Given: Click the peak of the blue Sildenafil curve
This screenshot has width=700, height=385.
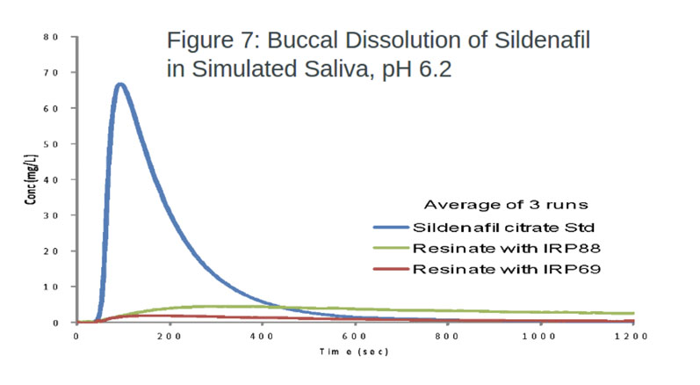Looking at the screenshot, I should (120, 85).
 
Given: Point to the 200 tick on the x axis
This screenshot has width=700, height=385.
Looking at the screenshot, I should (170, 337).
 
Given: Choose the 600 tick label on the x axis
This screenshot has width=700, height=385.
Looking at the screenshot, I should (355, 337).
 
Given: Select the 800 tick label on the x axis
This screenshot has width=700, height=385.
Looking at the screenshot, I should (448, 337).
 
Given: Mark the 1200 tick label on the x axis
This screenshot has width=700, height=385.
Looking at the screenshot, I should (631, 337).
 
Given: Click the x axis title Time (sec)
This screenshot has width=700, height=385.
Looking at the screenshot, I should (354, 351).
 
